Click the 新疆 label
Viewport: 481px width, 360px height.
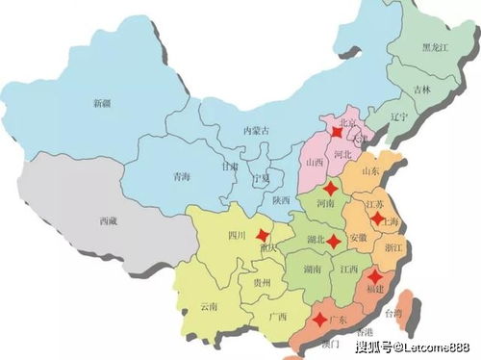click(x=101, y=103)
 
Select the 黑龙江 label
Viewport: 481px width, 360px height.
click(x=438, y=47)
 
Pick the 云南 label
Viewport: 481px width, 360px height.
click(x=209, y=306)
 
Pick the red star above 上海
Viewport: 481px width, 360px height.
click(x=376, y=218)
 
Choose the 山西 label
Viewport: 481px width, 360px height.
click(x=314, y=165)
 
